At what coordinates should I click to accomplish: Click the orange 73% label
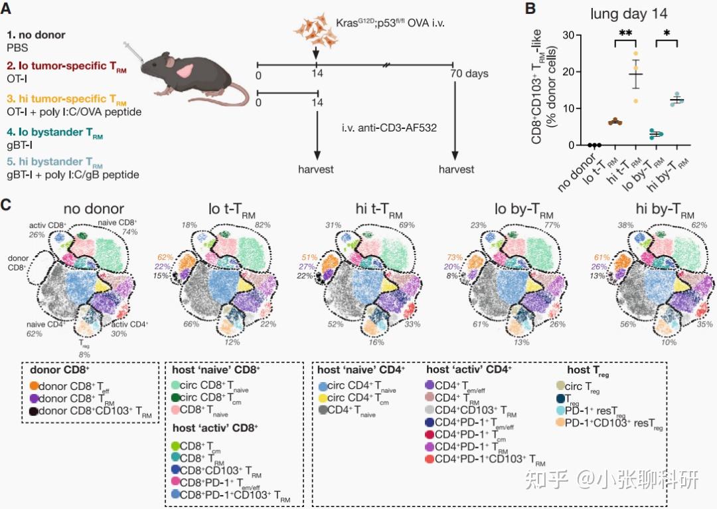coord(454,258)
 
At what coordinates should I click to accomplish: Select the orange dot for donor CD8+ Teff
coord(35,385)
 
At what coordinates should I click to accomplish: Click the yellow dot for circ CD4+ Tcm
coord(323,399)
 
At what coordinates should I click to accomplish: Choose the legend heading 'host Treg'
coord(587,370)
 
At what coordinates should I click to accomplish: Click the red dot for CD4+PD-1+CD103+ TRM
coord(430,459)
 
